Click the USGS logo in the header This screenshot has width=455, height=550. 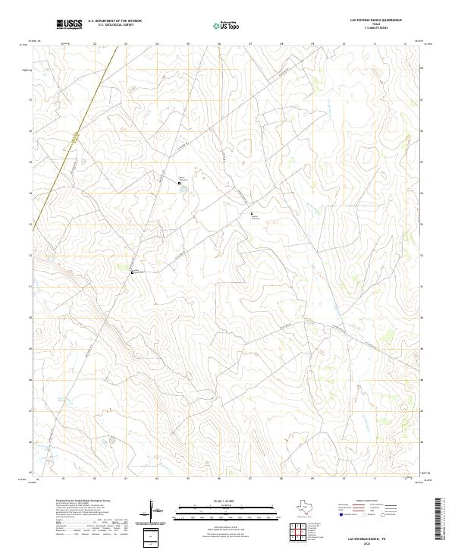pyautogui.click(x=69, y=25)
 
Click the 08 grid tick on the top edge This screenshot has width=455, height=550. pyautogui.click(x=281, y=44)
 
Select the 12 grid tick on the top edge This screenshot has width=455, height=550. pyautogui.click(x=406, y=44)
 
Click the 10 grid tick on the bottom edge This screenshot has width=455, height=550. pyautogui.click(x=344, y=479)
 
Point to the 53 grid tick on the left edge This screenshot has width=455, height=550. pyautogui.click(x=30, y=225)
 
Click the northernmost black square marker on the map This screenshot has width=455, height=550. pyautogui.click(x=179, y=183)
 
